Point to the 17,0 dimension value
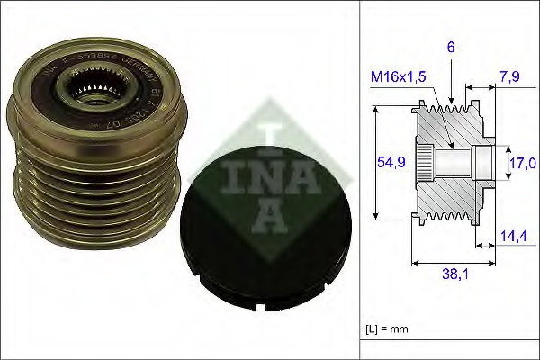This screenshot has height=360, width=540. pos(522,163)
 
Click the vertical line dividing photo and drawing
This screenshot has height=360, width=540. pos(359,180)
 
